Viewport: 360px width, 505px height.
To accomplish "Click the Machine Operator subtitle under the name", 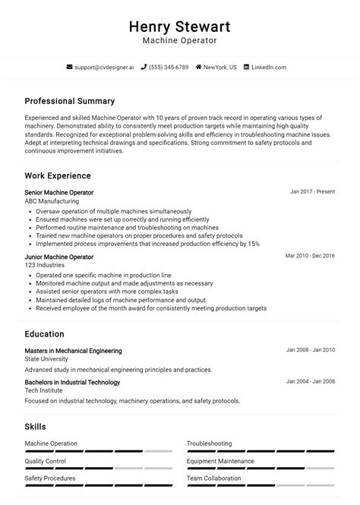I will [180, 40].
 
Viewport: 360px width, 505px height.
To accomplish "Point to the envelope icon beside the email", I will [70, 67].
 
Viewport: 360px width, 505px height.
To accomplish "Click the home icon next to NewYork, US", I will [199, 67].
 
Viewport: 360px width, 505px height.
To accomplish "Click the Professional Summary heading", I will [69, 101].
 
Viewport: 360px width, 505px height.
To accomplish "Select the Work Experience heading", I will [58, 175].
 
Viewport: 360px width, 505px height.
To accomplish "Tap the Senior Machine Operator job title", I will [59, 193].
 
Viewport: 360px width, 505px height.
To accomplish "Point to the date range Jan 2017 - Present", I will [312, 192].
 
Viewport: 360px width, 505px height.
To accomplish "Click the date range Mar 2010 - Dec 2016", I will [310, 256].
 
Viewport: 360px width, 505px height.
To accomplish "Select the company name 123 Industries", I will [44, 266].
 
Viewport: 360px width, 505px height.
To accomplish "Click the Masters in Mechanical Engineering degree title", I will [73, 351].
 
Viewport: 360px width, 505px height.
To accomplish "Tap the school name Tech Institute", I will [43, 390].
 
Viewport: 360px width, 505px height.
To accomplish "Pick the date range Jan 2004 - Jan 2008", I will [310, 381].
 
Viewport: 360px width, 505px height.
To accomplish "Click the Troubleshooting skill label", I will [210, 443].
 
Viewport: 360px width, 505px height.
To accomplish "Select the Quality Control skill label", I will [46, 461].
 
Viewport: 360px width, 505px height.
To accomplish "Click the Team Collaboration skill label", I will [215, 478].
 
